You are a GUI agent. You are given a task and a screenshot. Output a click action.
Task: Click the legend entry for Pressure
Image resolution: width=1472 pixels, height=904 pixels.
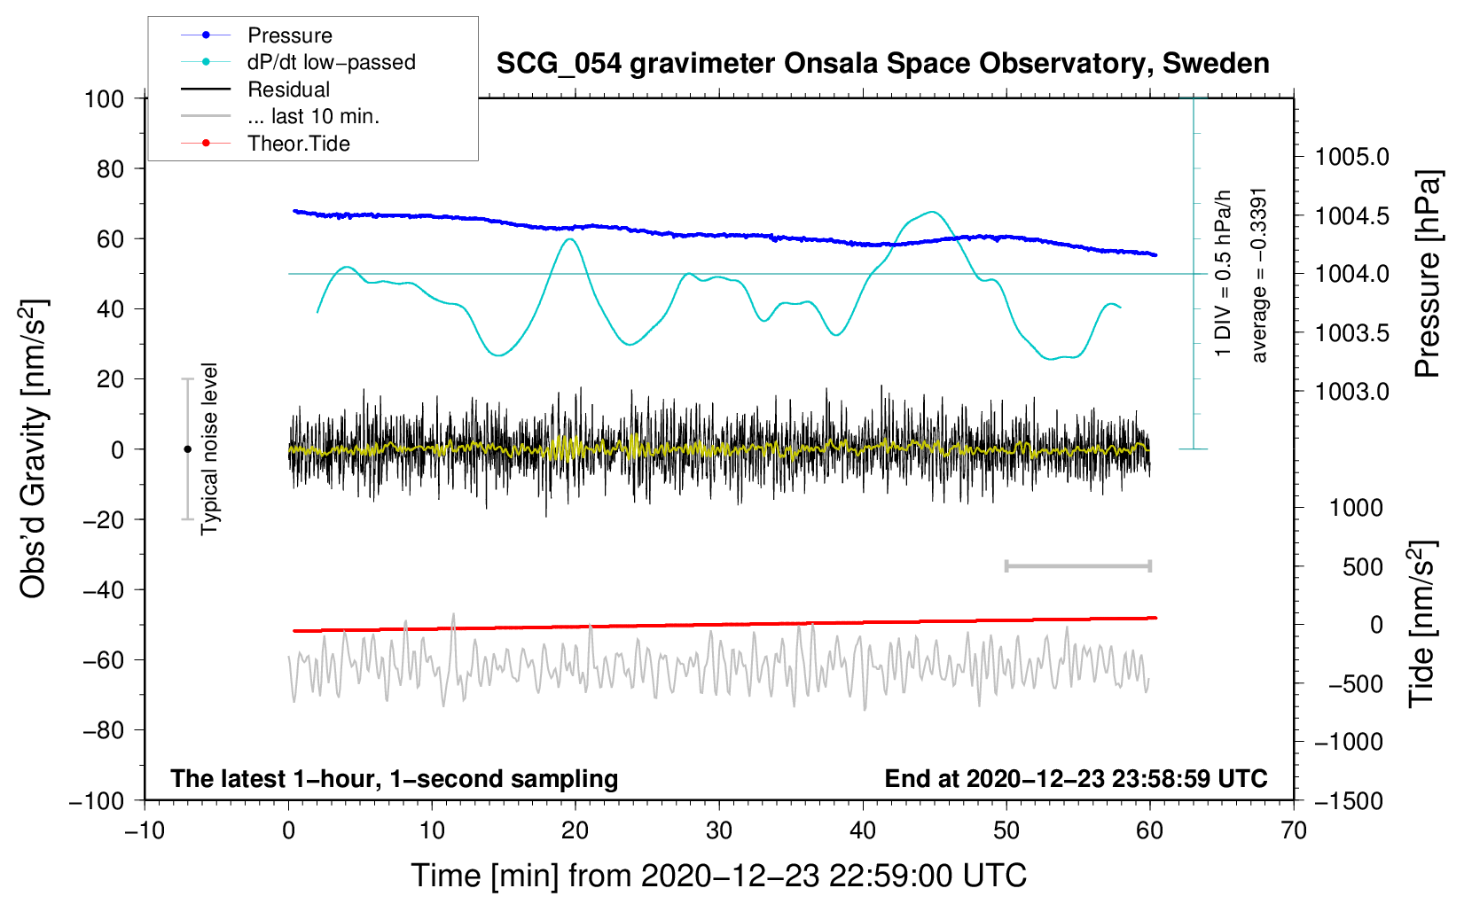pos(289,35)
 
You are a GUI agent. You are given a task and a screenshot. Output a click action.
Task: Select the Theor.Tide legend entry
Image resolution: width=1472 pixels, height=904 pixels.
pos(298,144)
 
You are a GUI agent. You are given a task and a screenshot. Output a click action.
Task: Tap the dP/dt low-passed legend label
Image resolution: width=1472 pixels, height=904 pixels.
pos(331,62)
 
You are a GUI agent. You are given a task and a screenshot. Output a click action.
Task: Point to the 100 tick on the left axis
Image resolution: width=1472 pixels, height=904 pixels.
pos(104,98)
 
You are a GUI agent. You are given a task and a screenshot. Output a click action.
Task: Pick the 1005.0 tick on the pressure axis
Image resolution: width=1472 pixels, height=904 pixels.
pos(1351,157)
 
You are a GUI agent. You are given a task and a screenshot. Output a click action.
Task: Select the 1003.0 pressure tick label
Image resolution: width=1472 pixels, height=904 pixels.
pos(1351,392)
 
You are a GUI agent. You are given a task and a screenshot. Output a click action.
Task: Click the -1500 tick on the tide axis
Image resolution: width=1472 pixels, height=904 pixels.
pos(1348,801)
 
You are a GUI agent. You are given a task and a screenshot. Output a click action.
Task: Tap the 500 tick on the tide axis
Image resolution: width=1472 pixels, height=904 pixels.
pos(1363,567)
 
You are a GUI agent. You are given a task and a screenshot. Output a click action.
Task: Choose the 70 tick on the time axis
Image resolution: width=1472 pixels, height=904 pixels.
pos(1294,830)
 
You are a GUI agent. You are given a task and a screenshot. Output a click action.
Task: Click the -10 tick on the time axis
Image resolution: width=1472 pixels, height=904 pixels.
pos(145,830)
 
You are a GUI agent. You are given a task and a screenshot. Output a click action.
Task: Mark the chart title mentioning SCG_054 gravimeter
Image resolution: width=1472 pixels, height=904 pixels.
pos(882,64)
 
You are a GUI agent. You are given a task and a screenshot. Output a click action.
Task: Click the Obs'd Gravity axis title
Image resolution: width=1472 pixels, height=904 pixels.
pos(34,449)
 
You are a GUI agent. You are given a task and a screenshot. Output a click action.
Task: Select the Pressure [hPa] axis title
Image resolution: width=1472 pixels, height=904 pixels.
pos(1428,274)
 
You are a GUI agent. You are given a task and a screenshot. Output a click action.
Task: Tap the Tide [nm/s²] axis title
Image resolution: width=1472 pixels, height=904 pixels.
pos(1422,624)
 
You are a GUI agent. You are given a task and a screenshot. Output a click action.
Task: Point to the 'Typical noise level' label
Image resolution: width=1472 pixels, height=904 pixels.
pos(209,449)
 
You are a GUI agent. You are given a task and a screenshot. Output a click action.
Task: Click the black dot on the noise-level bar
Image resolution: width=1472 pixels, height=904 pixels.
pos(187,449)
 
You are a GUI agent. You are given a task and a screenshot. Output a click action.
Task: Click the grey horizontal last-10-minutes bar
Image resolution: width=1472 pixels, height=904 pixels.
pos(1077,565)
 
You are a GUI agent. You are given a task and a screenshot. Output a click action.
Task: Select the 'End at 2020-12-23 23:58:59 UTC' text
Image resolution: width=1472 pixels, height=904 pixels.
pos(1076,779)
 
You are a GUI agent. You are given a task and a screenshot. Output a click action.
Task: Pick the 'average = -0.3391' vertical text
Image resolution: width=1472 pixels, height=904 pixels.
pos(1259,275)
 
